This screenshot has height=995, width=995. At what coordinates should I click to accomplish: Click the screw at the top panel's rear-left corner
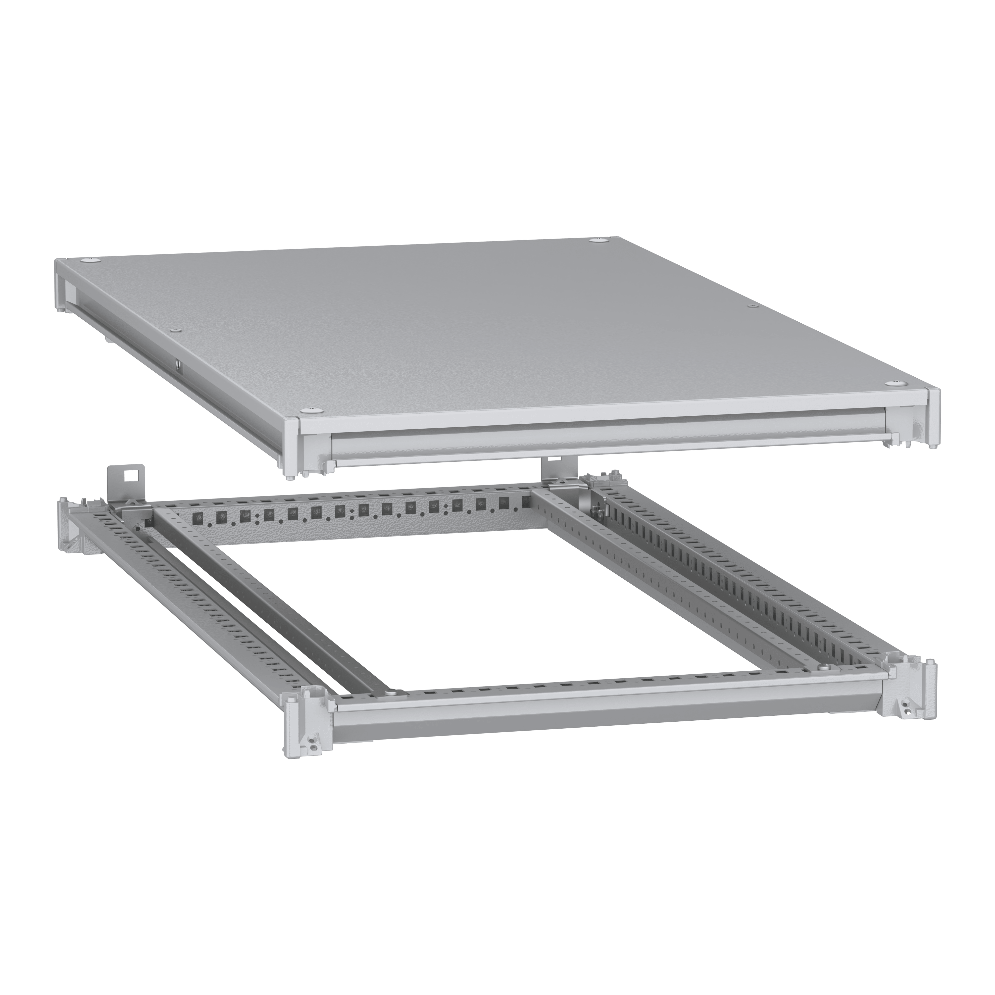[x=93, y=259]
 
